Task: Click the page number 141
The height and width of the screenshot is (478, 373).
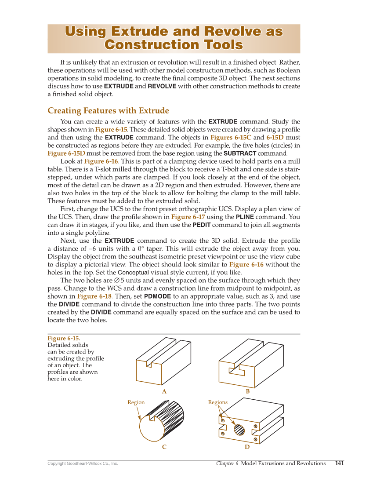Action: pos(339,463)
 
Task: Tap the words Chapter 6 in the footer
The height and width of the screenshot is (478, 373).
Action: pos(227,463)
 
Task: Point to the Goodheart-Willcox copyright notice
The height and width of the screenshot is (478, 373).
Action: pos(83,463)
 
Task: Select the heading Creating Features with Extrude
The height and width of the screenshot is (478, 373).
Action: pos(108,110)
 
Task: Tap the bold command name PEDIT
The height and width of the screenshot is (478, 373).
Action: pos(203,225)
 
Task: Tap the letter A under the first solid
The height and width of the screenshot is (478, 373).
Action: pos(164,391)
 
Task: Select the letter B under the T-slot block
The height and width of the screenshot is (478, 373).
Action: pos(247,391)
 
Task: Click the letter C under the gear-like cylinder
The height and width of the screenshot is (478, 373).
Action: pos(164,447)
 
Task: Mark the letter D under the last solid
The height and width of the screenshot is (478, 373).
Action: pos(247,447)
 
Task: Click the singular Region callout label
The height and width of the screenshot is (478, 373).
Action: pos(136,402)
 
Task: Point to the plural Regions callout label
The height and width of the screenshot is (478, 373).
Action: pos(218,402)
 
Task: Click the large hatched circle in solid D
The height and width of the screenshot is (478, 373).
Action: pos(239,429)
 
